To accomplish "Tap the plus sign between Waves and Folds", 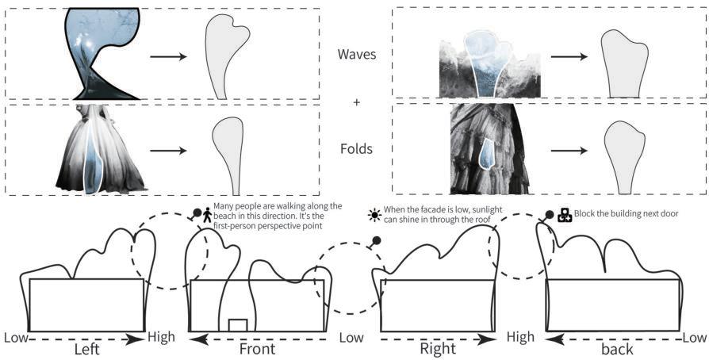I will coord(356,102).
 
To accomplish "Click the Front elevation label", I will coord(257,348).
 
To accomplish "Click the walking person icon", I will coord(208,214).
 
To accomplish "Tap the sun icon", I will coord(374,214).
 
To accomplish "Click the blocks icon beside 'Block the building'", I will coord(564,214).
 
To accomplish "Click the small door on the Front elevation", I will coord(238,324).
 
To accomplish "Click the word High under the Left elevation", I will coord(162,338).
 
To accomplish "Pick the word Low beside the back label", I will coord(696,338).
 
